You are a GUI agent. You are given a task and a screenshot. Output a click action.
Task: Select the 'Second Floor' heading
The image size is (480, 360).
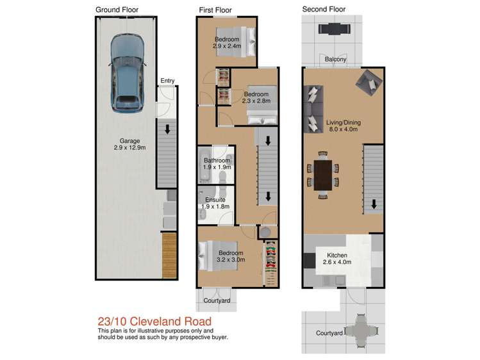(x=324, y=10)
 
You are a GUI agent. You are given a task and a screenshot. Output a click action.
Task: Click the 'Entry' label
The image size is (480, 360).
(x=167, y=81)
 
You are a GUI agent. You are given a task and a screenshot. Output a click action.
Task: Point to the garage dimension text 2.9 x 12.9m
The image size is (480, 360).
(x=126, y=148)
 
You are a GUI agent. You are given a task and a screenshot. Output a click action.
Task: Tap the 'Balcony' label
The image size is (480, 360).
(x=335, y=60)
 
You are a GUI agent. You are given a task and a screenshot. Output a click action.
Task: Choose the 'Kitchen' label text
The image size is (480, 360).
(x=335, y=255)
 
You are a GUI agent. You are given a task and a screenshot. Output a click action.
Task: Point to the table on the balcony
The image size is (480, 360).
(x=332, y=29)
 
